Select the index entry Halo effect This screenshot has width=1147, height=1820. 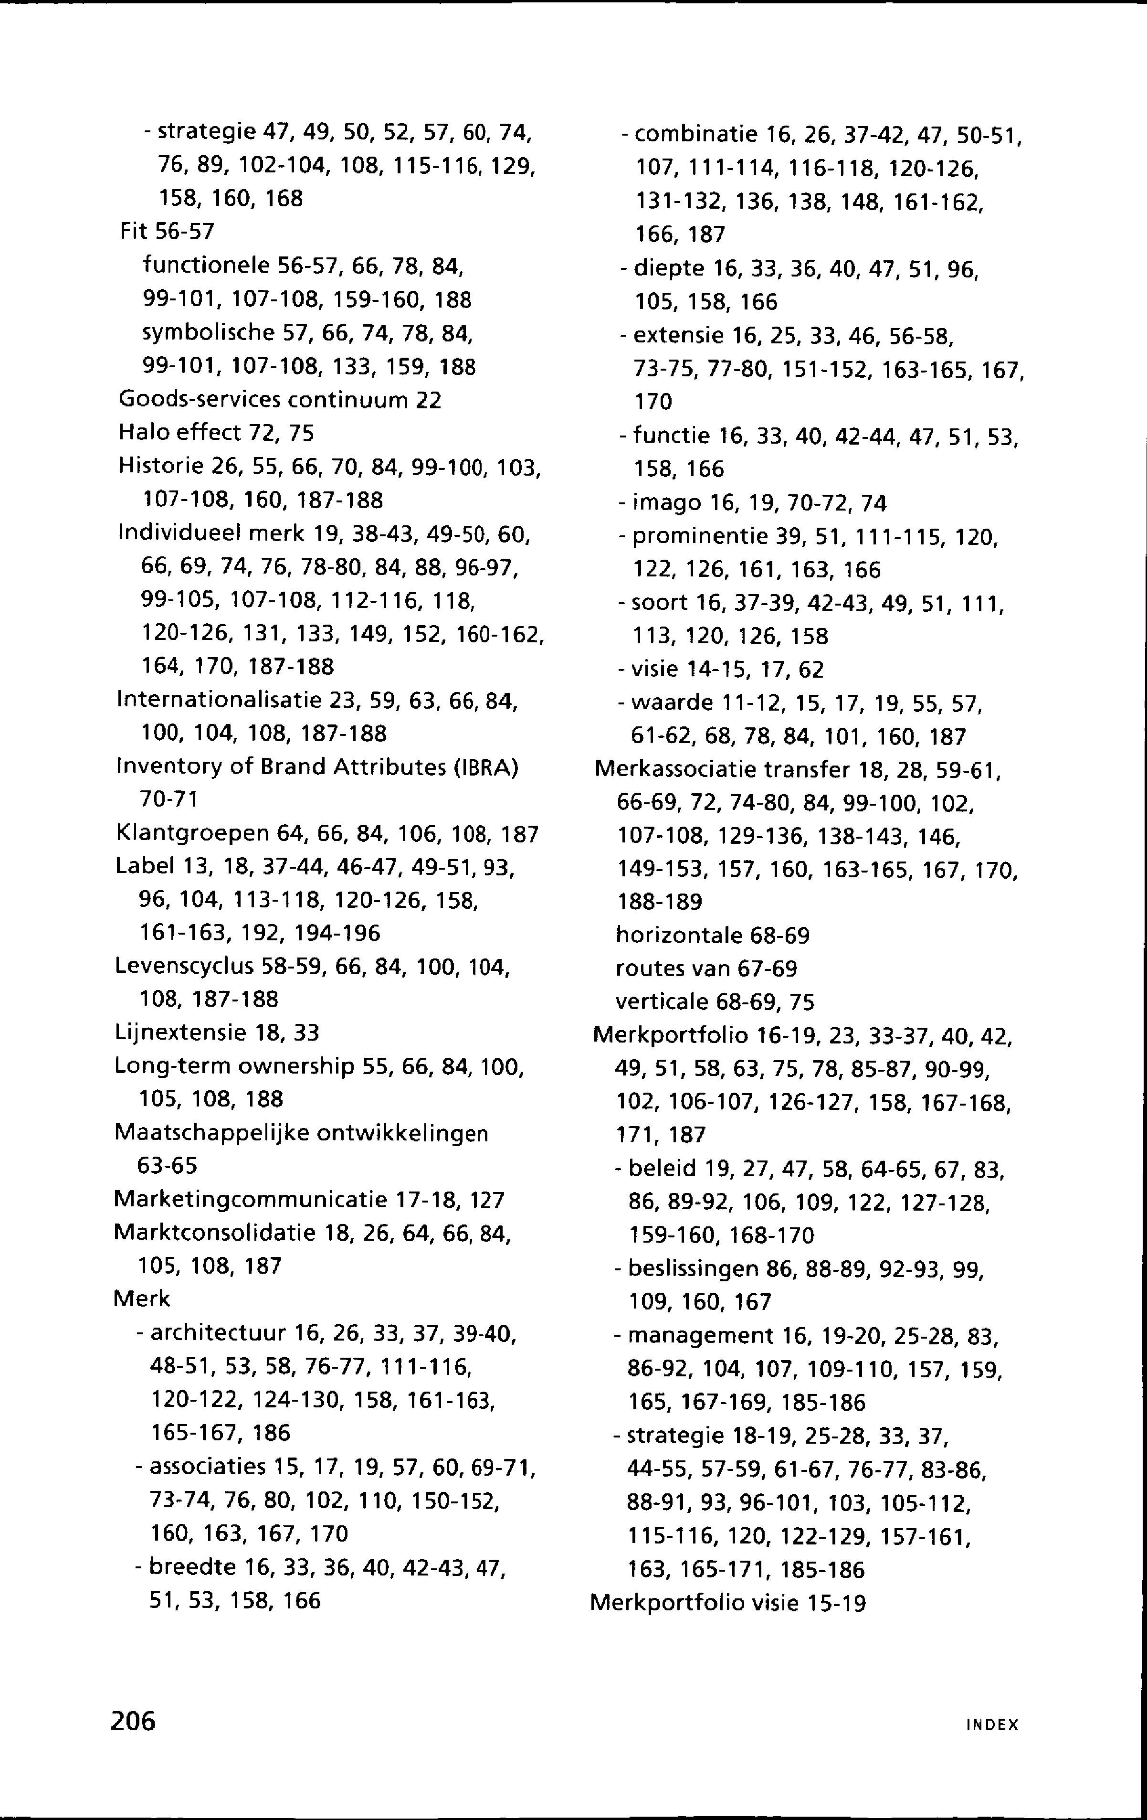pos(179,433)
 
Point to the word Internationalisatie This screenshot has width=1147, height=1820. pos(219,702)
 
